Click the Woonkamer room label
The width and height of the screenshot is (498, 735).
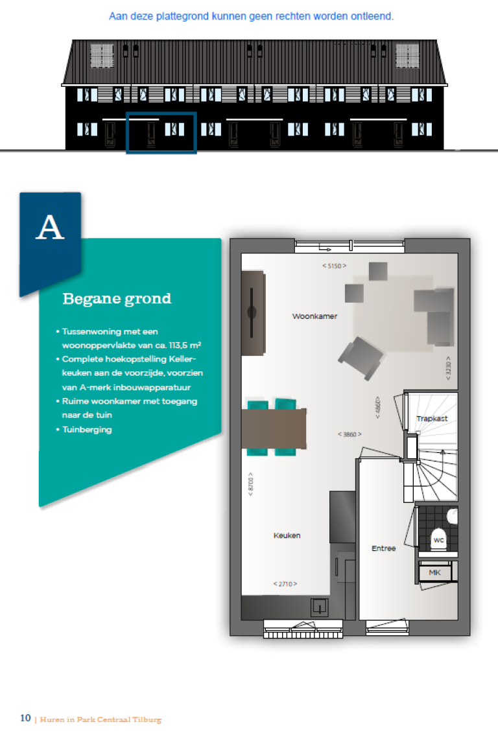point(314,316)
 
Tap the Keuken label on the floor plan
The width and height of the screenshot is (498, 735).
point(287,536)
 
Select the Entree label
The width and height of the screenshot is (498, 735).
point(383,548)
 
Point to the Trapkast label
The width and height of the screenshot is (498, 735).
point(432,419)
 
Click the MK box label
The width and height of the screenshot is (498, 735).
point(434,572)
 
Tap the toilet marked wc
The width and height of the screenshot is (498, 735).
point(439,539)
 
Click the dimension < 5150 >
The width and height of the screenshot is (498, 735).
point(334,266)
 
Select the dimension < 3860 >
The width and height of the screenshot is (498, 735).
point(350,434)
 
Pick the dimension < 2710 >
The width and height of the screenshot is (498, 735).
point(285,584)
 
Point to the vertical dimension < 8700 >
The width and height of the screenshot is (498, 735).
point(250,485)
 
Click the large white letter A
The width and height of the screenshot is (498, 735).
point(50,228)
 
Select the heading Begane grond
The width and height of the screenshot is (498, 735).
point(117,299)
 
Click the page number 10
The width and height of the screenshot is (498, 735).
point(25,718)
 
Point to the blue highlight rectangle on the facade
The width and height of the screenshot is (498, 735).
point(161,133)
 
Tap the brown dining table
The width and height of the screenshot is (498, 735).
point(273,428)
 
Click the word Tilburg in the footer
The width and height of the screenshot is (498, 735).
point(146,719)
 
